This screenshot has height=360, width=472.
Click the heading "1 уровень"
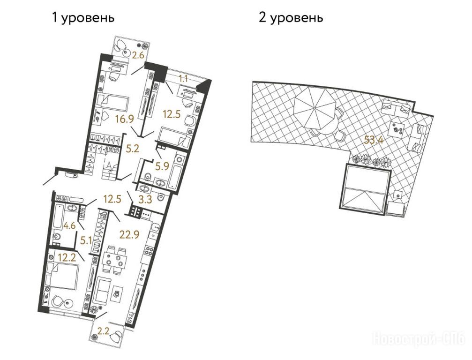(83, 18)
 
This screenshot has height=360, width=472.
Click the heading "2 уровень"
(291, 18)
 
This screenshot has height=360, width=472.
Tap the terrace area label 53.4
(373, 140)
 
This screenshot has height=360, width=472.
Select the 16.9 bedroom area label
(124, 119)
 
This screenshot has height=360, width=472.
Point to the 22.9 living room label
(129, 233)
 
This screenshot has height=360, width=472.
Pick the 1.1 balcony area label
(183, 79)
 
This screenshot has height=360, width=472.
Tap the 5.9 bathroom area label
(162, 166)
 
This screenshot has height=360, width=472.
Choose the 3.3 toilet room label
(145, 199)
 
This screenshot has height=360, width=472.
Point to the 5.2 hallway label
(133, 148)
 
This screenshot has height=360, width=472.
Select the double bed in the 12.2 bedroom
(64, 276)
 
